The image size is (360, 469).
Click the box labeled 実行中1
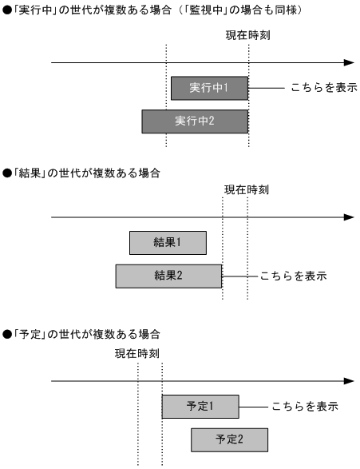coord(209,88)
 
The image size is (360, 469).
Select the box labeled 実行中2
coord(195,121)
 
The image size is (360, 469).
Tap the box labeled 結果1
coord(168,242)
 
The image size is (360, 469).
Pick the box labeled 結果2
coord(168,276)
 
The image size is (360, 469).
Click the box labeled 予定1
coord(200,406)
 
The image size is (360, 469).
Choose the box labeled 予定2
coord(229,439)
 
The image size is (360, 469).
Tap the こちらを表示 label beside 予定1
coord(305,406)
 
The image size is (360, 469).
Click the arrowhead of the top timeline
coord(348,62)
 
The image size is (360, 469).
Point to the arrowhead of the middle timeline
coord(348,217)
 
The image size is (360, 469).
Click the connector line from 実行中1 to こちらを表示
coord(267,88)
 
